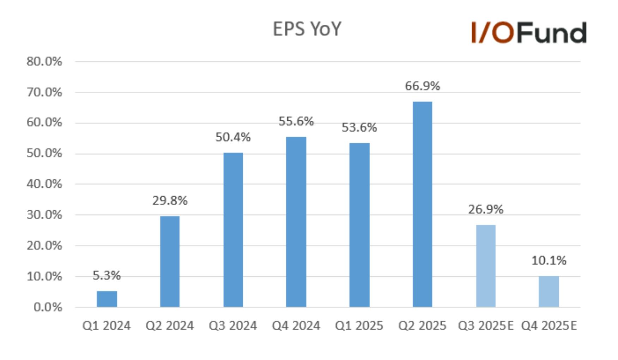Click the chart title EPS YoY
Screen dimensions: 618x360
tap(307, 29)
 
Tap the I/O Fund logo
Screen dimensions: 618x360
tap(529, 32)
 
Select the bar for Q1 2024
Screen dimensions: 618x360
tap(107, 299)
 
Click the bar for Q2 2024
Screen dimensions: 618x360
tap(170, 262)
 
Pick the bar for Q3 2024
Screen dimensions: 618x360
tap(233, 230)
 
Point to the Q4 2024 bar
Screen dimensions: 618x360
tap(296, 222)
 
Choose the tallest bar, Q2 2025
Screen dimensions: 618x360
tap(422, 204)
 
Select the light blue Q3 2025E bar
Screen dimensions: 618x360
tap(486, 266)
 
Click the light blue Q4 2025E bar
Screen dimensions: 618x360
tap(549, 292)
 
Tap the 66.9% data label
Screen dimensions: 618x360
tap(422, 86)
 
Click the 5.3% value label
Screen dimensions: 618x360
tap(107, 275)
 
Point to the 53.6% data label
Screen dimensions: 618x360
tap(359, 127)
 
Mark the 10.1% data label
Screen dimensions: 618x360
tap(549, 260)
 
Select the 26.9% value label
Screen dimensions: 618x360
tap(486, 209)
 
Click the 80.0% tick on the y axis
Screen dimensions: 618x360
tap(44, 61)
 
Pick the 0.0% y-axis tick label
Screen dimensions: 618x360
tap(48, 307)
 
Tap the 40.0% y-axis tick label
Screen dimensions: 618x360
tap(44, 184)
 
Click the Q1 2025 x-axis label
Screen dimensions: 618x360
tap(359, 325)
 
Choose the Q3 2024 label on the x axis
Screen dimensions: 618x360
tap(233, 325)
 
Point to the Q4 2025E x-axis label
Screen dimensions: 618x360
tap(549, 325)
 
